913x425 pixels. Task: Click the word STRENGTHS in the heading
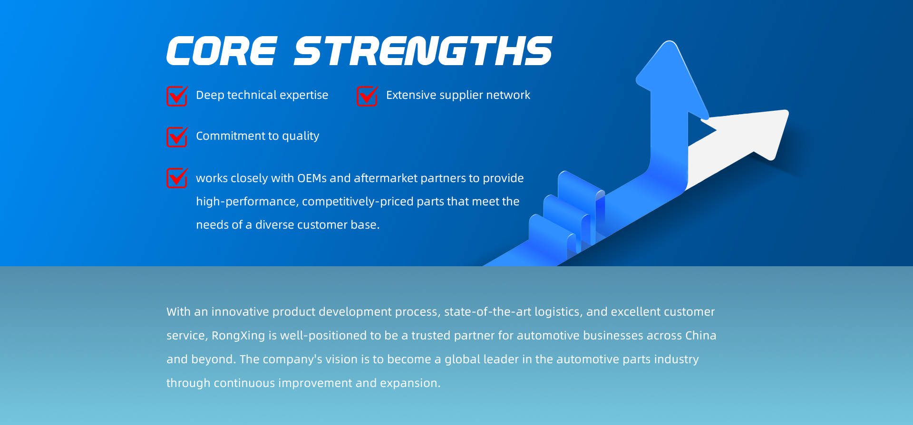(423, 50)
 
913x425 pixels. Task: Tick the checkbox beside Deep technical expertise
(177, 96)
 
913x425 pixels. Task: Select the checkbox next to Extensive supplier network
(367, 96)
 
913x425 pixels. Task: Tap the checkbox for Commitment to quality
(177, 136)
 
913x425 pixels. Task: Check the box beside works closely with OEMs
(177, 178)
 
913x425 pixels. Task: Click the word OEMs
(312, 178)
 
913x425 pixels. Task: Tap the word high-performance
(247, 202)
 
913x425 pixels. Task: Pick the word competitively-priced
(358, 202)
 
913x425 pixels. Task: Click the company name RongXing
(238, 336)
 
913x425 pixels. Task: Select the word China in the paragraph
(701, 336)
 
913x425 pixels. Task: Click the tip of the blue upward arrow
(671, 43)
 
